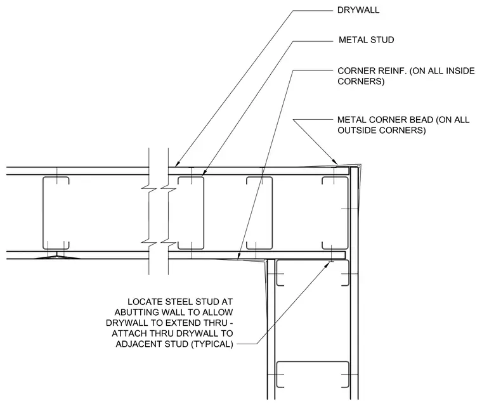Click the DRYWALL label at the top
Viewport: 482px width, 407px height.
358,10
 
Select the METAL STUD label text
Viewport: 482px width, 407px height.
366,40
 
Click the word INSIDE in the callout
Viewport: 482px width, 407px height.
460,71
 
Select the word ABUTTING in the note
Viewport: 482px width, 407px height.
137,313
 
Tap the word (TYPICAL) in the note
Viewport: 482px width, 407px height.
212,344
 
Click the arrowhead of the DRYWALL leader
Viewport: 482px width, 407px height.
178,164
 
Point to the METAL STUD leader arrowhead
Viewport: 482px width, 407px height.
204,174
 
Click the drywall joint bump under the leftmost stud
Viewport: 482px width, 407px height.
57,257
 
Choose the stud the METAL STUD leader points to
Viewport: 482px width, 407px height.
191,213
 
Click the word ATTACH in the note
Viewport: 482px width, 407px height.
128,333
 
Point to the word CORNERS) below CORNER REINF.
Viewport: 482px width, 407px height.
361,81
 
